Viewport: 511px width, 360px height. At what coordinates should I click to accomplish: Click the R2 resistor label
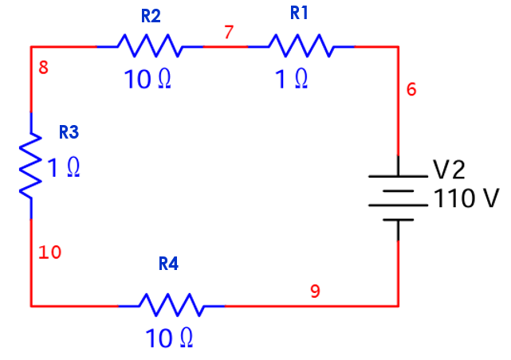click(x=151, y=16)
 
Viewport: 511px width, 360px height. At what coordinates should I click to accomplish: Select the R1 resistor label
click(x=299, y=13)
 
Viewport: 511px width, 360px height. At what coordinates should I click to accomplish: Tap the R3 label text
click(x=69, y=132)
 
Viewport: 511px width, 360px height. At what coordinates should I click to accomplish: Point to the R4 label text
click(x=168, y=264)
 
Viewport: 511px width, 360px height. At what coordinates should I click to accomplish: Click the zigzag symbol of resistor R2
click(x=150, y=46)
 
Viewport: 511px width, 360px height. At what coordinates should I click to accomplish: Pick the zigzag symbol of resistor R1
click(x=301, y=46)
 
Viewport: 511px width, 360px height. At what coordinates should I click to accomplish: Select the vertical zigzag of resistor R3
click(x=31, y=166)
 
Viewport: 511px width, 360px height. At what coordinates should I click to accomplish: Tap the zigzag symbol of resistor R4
click(x=171, y=305)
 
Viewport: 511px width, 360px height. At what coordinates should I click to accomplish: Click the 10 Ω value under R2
click(x=147, y=79)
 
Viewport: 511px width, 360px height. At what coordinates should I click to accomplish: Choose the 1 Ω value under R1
click(x=291, y=79)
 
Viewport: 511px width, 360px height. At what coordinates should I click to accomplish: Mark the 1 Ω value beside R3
click(x=64, y=167)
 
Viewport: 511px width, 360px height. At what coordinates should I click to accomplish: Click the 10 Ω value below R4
click(x=169, y=338)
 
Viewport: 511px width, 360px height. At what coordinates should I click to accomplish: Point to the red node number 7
click(x=229, y=32)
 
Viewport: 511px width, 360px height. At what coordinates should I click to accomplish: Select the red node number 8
click(x=43, y=68)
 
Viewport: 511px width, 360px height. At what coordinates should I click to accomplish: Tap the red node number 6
click(x=411, y=89)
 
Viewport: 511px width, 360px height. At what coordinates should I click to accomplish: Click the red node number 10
click(x=50, y=252)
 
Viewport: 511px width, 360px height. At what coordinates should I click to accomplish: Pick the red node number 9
click(x=315, y=292)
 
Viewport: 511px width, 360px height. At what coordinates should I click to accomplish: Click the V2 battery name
click(x=449, y=170)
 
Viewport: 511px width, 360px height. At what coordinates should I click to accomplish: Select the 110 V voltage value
click(x=466, y=198)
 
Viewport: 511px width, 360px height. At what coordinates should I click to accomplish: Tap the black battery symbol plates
click(x=398, y=198)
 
